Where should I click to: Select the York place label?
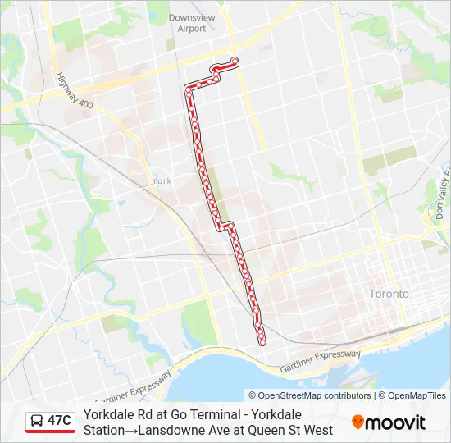coord(162,180)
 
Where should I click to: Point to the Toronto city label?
coord(389,293)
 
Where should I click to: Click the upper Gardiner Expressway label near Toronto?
coord(320,359)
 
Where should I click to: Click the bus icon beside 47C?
coord(37,421)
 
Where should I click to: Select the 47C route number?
coord(59,421)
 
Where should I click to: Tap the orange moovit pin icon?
coord(358,422)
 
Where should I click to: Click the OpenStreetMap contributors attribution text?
coord(310,395)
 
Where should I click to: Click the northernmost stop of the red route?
coord(235,60)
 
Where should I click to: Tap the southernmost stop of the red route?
coord(262,341)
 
